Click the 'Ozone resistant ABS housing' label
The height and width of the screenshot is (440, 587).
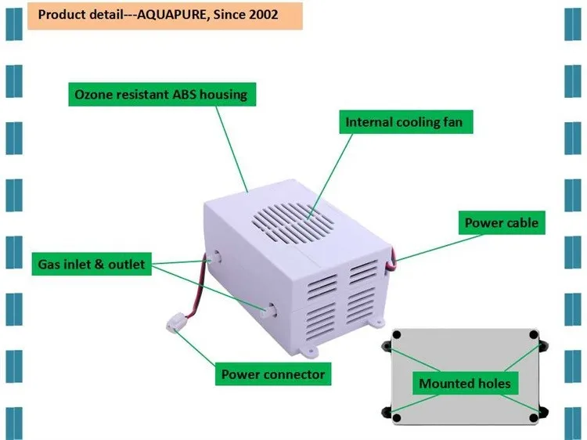point(160,95)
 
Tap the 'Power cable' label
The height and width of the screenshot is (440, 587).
point(501,223)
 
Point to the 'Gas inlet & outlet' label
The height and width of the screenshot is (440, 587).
point(92,264)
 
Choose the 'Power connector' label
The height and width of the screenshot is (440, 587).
point(272,374)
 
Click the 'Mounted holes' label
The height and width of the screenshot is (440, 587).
point(465,383)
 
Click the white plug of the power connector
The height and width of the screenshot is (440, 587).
point(178,322)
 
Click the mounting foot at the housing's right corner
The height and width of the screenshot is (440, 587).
point(378,322)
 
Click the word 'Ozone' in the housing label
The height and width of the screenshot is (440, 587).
point(94,95)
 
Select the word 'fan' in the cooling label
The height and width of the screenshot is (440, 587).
point(463,122)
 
